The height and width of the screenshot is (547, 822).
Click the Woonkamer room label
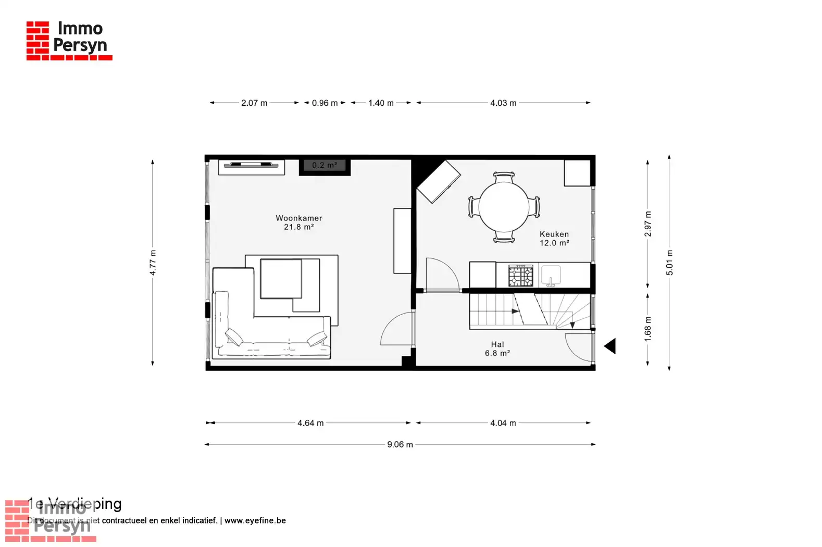(x=298, y=218)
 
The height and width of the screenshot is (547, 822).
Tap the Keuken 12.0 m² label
(x=554, y=239)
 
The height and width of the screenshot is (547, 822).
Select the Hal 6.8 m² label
(x=497, y=349)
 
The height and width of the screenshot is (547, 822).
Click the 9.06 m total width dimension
(x=400, y=444)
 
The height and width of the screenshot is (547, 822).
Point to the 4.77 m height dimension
(x=153, y=263)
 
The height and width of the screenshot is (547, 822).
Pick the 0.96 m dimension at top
(x=325, y=103)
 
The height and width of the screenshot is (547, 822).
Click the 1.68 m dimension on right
(x=647, y=329)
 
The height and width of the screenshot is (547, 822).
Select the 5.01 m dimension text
(x=669, y=263)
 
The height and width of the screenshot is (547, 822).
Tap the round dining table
(x=504, y=207)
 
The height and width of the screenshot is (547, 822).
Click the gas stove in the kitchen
(x=521, y=275)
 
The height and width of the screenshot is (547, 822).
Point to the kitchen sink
(x=551, y=274)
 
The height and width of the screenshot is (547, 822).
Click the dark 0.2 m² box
(x=324, y=166)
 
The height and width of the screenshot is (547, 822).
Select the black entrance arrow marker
(x=610, y=346)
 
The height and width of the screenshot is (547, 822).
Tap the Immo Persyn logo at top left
(x=69, y=40)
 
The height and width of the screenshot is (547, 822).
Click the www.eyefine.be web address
(x=255, y=520)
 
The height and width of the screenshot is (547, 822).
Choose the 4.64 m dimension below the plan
(x=310, y=423)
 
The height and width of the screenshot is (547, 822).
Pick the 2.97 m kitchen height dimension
(x=647, y=224)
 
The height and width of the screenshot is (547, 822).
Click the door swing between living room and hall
(x=397, y=330)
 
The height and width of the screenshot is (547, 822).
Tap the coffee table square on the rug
(x=281, y=279)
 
